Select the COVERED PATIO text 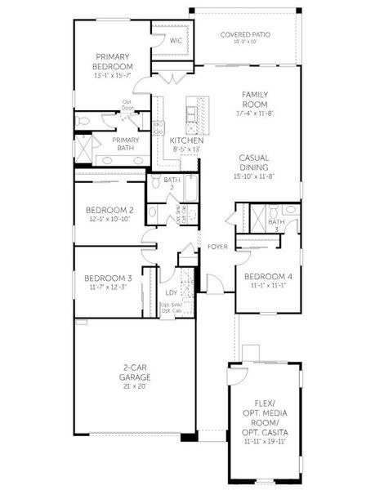246,35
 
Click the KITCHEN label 185,140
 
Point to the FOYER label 217,246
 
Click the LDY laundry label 172,292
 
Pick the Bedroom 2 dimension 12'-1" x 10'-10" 109,220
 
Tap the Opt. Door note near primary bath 127,105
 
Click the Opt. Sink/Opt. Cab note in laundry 172,308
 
